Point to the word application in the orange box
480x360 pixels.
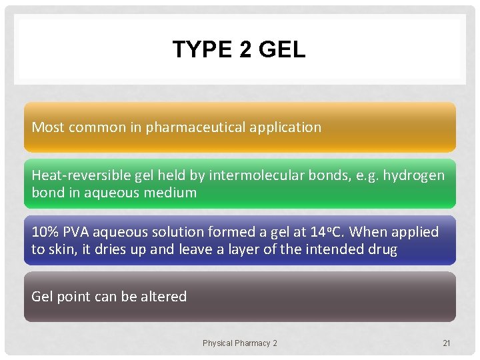point(290,127)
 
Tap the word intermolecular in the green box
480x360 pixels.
point(249,175)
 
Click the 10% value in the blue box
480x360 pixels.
point(45,232)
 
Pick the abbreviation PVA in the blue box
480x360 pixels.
point(77,232)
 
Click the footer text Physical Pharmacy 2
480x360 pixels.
point(240,343)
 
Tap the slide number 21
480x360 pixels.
point(447,343)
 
